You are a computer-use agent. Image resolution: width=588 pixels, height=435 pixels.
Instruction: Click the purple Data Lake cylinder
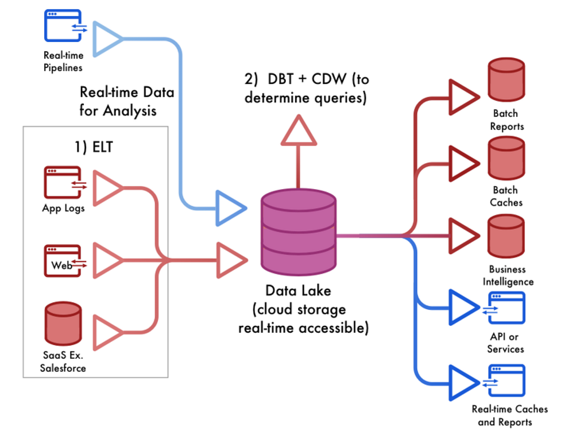298,232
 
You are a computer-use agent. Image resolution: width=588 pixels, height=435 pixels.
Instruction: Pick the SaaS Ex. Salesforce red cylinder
63,324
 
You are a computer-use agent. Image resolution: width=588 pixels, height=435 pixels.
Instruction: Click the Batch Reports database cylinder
506,79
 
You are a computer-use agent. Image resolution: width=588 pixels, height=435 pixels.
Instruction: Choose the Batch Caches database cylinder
506,159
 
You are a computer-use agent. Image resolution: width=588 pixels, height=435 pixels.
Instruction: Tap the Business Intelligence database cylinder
506,236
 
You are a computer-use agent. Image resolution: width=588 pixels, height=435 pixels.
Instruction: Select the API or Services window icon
504,308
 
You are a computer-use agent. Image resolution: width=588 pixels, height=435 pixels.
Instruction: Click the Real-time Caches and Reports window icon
504,380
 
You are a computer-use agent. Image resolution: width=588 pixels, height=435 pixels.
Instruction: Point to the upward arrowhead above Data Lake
299,130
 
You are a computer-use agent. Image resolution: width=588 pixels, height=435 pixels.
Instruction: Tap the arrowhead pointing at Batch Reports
464,97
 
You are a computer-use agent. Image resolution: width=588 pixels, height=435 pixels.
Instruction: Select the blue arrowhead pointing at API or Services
464,307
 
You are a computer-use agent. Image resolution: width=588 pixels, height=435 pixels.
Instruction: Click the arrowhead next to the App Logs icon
108,188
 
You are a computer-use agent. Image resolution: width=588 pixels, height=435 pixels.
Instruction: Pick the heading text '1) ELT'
94,147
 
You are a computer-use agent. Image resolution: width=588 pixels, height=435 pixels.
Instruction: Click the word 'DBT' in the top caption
280,79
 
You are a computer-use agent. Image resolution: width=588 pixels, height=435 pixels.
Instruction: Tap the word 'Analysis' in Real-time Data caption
130,111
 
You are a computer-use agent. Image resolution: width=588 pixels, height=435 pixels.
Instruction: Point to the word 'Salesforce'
63,368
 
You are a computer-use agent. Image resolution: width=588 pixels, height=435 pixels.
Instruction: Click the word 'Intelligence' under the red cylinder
508,282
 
